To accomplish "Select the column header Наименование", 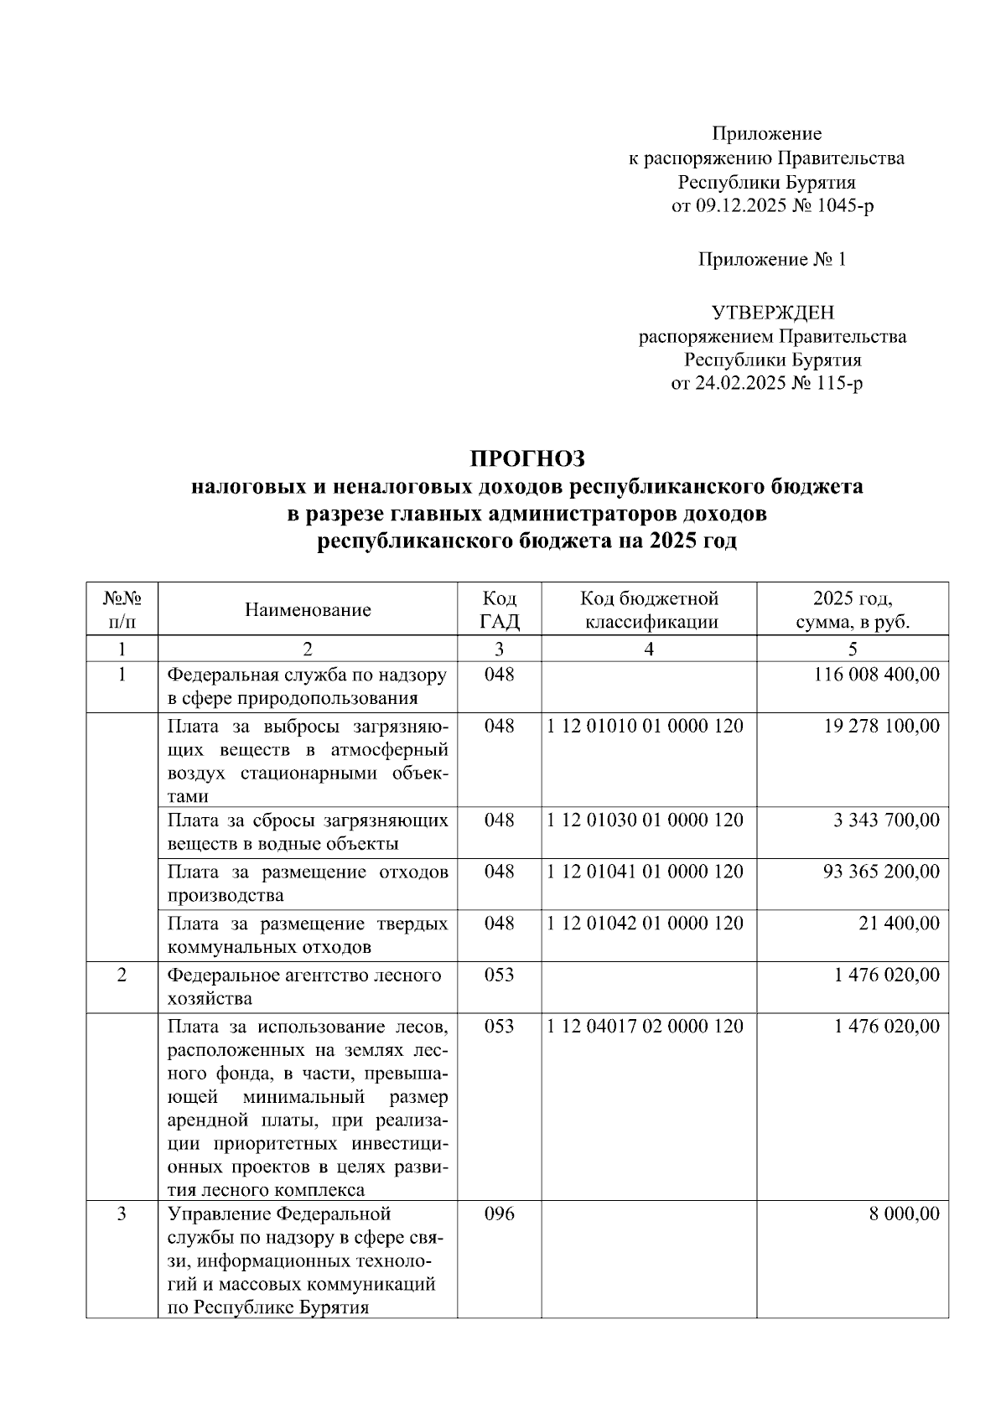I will coord(308,609).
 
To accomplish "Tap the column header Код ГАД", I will coord(499,609).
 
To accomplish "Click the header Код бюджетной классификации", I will coord(650,609).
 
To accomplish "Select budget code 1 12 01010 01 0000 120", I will coord(645,726).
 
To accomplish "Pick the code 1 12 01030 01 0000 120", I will coord(645,820).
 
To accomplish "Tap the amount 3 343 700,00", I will coord(887,820).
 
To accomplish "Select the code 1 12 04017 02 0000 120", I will coord(645,1027).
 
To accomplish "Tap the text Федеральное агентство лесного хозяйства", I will coord(304,986).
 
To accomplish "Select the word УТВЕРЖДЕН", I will coord(772,313).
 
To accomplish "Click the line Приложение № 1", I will coord(772,260).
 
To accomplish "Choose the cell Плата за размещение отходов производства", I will coord(308,883).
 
